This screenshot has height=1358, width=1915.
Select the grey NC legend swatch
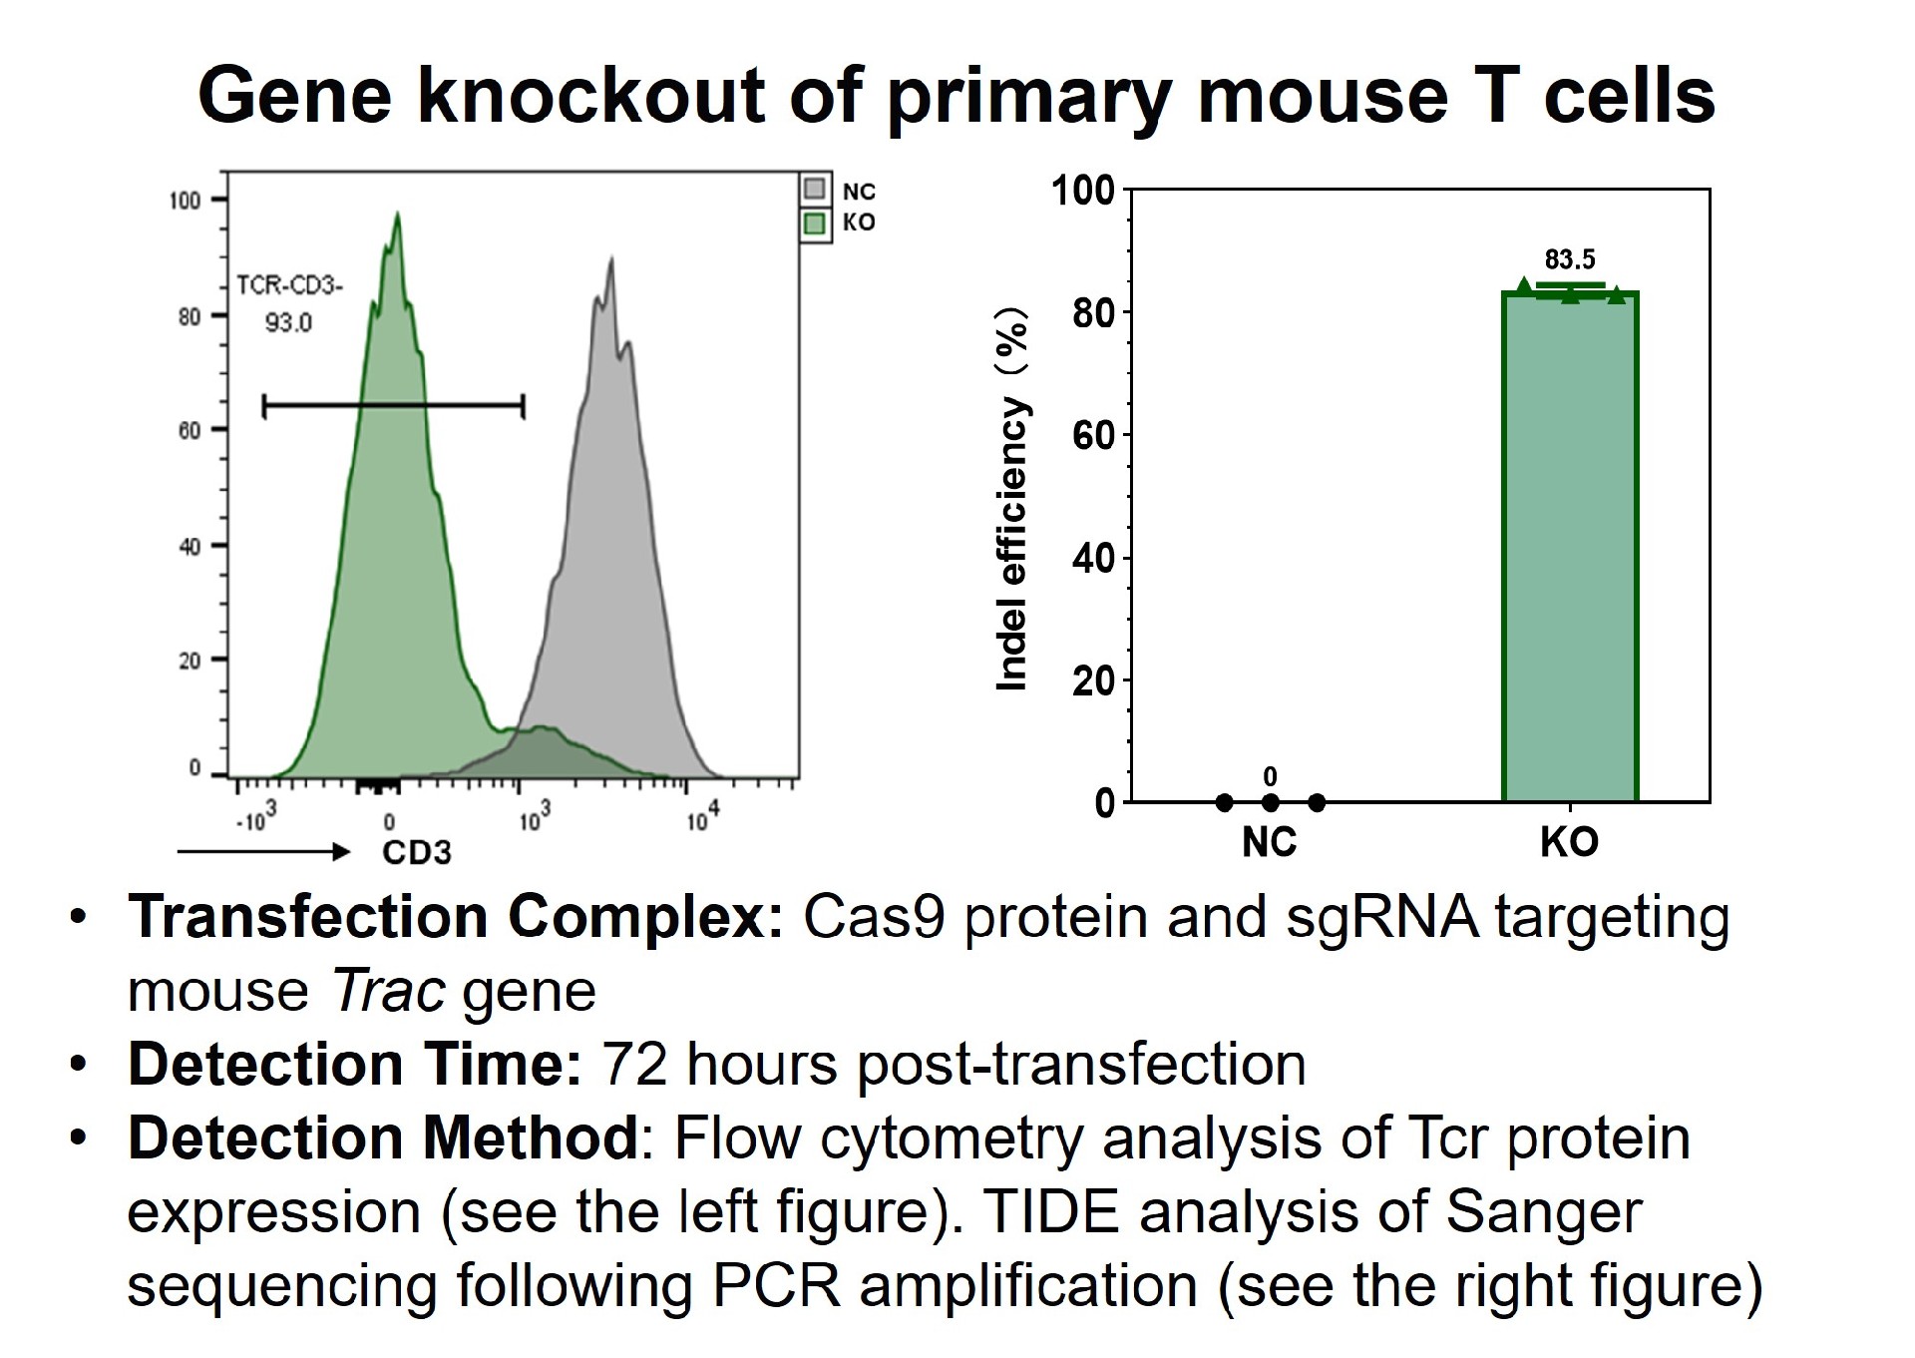[x=815, y=189]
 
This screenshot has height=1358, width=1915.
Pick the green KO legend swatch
[x=815, y=223]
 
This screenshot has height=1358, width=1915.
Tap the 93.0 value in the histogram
[x=288, y=323]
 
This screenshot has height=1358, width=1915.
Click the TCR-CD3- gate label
[x=289, y=286]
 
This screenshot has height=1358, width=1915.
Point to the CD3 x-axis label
[x=417, y=853]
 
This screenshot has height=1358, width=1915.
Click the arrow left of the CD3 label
[x=263, y=852]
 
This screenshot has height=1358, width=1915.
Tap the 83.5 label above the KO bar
[x=1570, y=260]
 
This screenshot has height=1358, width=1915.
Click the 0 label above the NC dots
[x=1270, y=776]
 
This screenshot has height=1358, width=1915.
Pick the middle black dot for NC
[x=1270, y=802]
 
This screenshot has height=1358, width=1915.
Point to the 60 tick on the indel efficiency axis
[x=1093, y=435]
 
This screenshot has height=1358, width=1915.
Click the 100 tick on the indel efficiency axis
[x=1083, y=190]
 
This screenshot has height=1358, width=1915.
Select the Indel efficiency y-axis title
[x=1012, y=499]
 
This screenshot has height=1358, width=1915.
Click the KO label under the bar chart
[x=1570, y=843]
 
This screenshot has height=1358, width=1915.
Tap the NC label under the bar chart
[x=1270, y=843]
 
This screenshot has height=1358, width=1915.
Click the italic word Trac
[x=388, y=992]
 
